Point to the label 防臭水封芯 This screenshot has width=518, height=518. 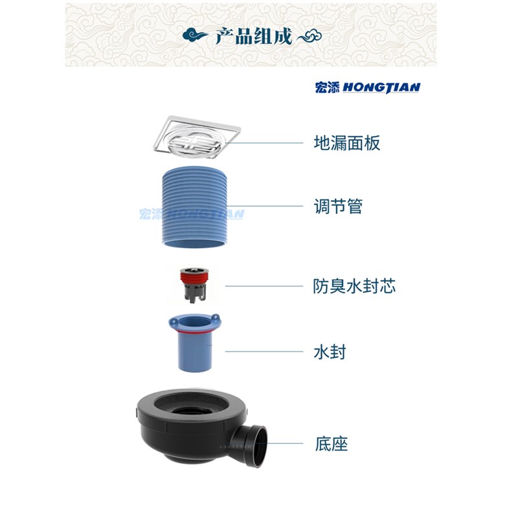pos(354,286)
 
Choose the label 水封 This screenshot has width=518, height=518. pos(329,352)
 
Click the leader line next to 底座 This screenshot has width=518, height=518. pos(285,444)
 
